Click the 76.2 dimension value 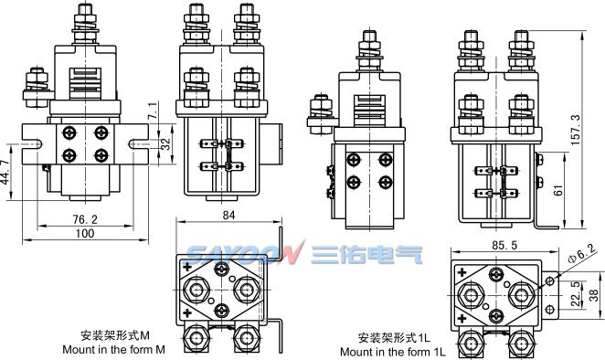pyautogui.click(x=85, y=219)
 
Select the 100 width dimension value pyautogui.click(x=85, y=233)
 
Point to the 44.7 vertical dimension pyautogui.click(x=5, y=172)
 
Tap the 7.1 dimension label pyautogui.click(x=153, y=111)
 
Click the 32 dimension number pyautogui.click(x=165, y=144)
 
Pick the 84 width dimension pyautogui.click(x=228, y=216)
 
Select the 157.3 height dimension pyautogui.click(x=575, y=130)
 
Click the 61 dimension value pyautogui.click(x=558, y=190)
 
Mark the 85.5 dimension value pyautogui.click(x=504, y=246)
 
